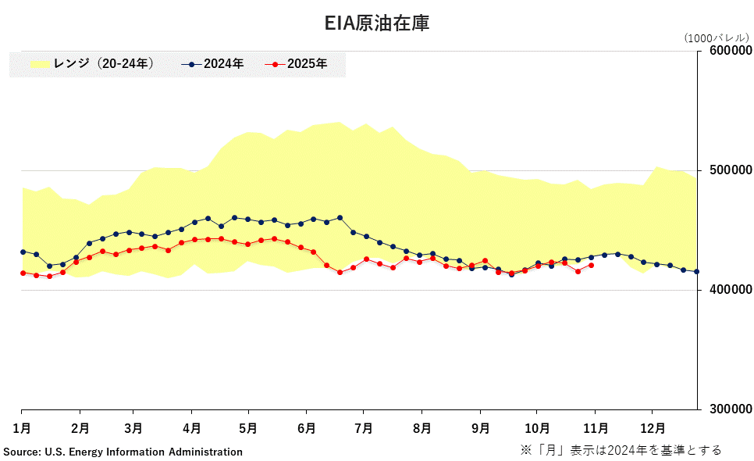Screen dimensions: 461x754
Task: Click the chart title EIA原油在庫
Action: pos(377,23)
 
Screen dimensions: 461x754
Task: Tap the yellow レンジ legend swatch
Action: pos(39,64)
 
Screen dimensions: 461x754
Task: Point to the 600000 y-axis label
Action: pos(730,51)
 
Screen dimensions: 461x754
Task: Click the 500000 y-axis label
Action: pos(730,170)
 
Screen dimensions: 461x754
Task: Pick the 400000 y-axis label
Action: pos(730,290)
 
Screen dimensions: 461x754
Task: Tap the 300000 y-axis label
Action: pos(730,409)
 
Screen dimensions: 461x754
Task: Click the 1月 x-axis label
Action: pos(21,428)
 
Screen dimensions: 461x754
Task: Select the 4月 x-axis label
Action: pos(192,428)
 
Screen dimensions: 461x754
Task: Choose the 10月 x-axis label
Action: pos(536,428)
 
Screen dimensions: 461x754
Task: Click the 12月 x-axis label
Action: pos(653,428)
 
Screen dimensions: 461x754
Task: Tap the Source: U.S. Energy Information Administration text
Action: pos(123,452)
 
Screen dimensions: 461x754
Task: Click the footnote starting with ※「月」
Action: pos(621,450)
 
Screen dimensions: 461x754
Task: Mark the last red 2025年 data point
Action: pos(592,266)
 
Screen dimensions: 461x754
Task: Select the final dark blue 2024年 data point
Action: pos(697,272)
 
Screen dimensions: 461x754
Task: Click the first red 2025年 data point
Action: pos(23,273)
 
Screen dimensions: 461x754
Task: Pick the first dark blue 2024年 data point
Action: pos(23,252)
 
